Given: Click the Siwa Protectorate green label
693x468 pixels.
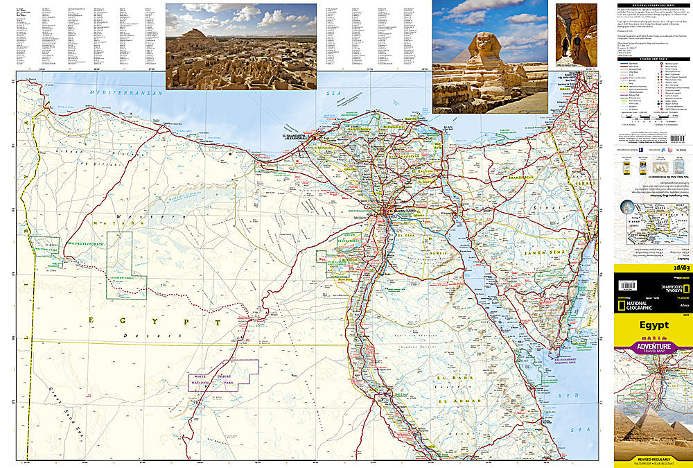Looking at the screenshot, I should point(85,245).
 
